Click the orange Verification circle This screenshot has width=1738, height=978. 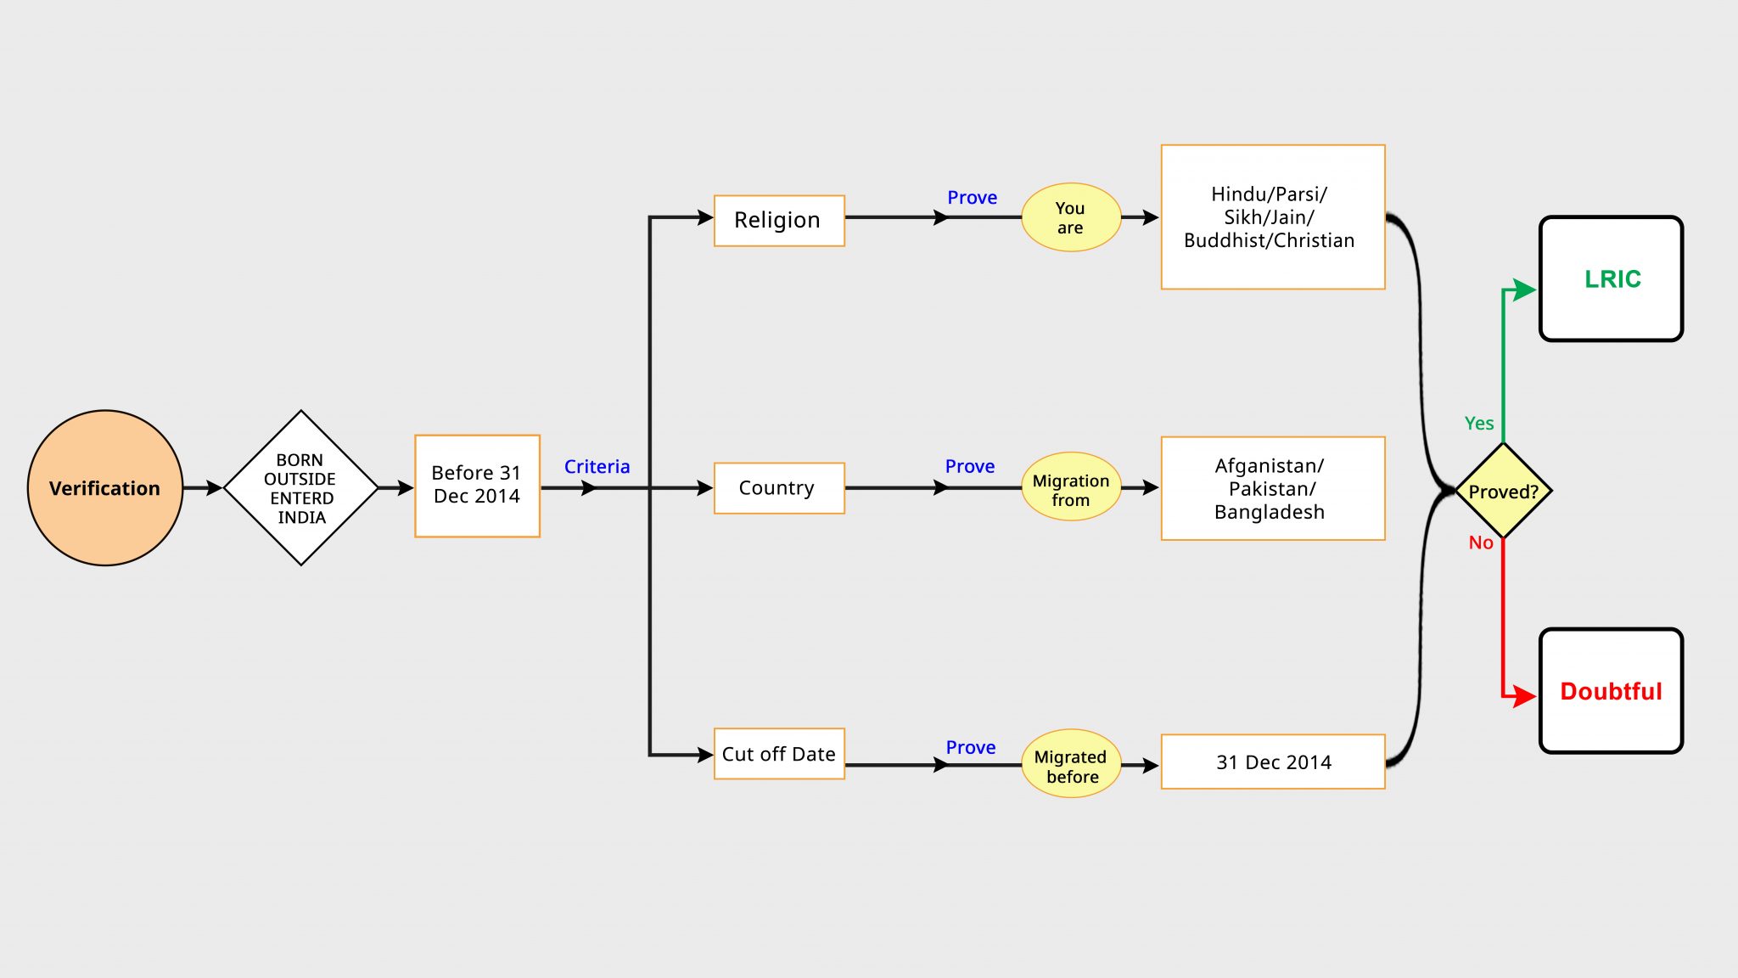(x=105, y=488)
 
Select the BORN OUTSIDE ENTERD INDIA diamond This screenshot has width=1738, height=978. (x=301, y=488)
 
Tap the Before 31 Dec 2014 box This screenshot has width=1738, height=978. (x=477, y=486)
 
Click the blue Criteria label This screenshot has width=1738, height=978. (x=597, y=467)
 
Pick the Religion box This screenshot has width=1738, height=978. (x=779, y=221)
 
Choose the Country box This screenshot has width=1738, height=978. (x=779, y=488)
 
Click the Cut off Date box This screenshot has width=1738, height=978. (x=779, y=754)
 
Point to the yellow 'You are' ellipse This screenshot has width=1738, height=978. (x=1071, y=217)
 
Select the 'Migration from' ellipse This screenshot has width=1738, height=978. (x=1071, y=486)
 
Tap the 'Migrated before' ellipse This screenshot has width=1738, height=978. (x=1071, y=763)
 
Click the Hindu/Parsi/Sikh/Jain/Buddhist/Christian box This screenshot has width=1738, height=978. (x=1273, y=217)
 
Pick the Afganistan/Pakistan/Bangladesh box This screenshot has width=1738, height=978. (x=1273, y=488)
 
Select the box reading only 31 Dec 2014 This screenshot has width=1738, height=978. (x=1273, y=762)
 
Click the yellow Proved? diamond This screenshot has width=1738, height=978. (x=1503, y=491)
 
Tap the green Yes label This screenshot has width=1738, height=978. (x=1479, y=424)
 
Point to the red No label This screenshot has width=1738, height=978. (x=1481, y=542)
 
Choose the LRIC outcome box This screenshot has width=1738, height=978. (x=1612, y=279)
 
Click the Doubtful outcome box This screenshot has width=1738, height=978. (x=1612, y=691)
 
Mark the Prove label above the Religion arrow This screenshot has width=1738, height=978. (x=973, y=198)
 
